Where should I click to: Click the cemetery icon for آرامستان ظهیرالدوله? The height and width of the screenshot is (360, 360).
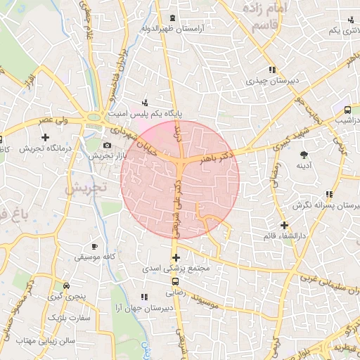[173, 17]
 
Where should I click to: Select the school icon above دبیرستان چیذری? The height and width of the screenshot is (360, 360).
[271, 70]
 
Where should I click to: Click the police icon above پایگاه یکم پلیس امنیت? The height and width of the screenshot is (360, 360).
[145, 101]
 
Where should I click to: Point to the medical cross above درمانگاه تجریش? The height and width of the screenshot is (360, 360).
[46, 136]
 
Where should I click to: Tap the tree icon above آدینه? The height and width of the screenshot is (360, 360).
[304, 154]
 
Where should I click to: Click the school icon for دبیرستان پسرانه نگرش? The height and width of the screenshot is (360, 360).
[328, 194]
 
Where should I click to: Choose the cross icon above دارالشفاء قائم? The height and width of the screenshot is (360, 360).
[284, 225]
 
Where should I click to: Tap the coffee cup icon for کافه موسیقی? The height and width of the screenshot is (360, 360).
[95, 246]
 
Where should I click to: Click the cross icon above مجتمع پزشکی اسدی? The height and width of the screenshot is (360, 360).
[176, 257]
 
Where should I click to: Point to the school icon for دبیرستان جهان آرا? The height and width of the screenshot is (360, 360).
[144, 297]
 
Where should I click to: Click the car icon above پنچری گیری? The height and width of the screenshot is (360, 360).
[66, 286]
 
